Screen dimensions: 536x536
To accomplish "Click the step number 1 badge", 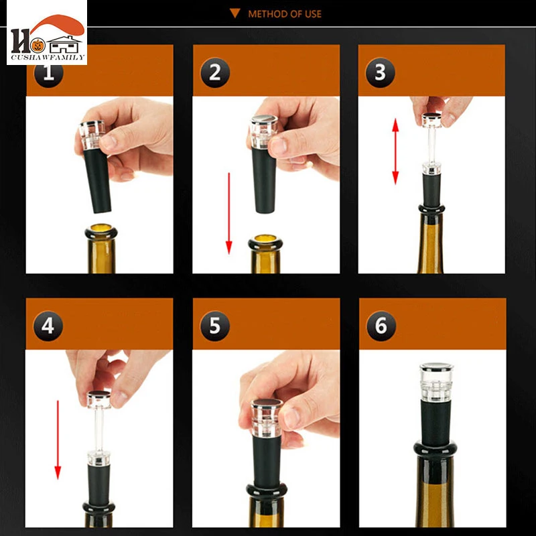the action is (x=48, y=73).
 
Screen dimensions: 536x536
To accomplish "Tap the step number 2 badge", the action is (x=215, y=73).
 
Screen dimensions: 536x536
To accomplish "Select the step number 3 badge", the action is (x=380, y=73).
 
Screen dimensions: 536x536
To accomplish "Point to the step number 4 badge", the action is (x=48, y=326).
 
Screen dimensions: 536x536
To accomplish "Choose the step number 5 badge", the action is (x=214, y=326).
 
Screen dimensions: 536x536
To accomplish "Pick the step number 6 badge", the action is (x=381, y=326).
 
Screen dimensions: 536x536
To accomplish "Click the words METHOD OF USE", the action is (x=285, y=14).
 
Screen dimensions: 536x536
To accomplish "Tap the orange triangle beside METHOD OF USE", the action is (x=235, y=13).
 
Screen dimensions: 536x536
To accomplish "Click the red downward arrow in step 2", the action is (x=229, y=214).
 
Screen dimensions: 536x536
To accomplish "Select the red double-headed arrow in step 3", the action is (x=395, y=151).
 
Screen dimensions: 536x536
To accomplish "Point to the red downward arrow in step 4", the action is (x=58, y=440).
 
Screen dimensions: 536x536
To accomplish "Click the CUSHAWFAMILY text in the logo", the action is (x=48, y=58).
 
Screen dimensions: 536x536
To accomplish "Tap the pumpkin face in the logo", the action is (x=38, y=45).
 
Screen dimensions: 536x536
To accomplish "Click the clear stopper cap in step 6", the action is (x=436, y=382).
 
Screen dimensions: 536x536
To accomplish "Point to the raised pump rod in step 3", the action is (x=431, y=145).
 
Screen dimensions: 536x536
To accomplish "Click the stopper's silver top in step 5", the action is (x=266, y=403).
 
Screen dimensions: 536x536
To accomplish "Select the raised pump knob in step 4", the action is (x=98, y=399).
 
